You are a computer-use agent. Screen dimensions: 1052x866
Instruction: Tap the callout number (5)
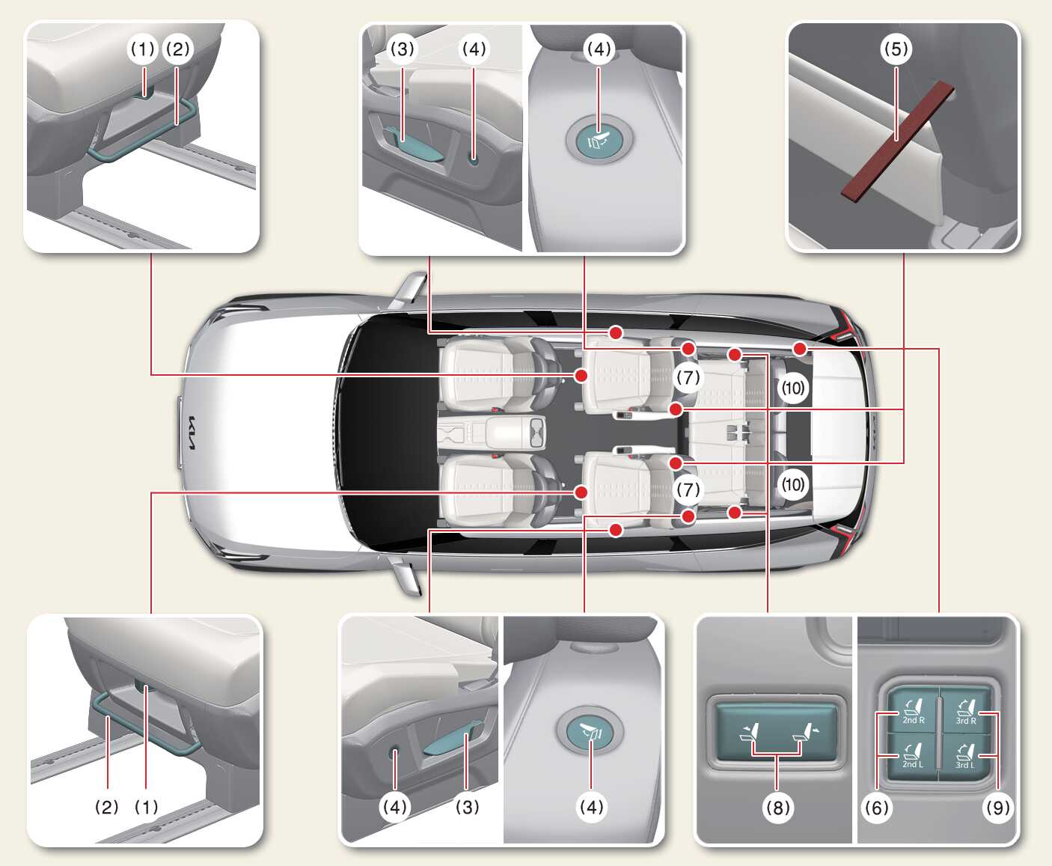point(896,49)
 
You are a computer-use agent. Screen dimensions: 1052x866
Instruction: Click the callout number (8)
point(777,807)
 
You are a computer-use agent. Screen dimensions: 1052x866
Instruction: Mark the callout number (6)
point(876,807)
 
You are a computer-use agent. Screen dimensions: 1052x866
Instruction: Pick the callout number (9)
point(997,807)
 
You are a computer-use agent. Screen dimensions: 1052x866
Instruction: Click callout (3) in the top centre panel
point(402,49)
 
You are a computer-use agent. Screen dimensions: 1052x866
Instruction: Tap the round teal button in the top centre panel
point(599,139)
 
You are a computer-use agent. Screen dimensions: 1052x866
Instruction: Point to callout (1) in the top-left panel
point(142,49)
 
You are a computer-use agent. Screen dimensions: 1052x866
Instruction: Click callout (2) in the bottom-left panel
point(107,807)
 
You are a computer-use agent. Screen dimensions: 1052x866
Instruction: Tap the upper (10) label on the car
point(792,387)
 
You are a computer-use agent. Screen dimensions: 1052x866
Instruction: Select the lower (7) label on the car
point(688,490)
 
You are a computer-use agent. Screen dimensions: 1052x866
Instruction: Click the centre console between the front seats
point(492,432)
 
